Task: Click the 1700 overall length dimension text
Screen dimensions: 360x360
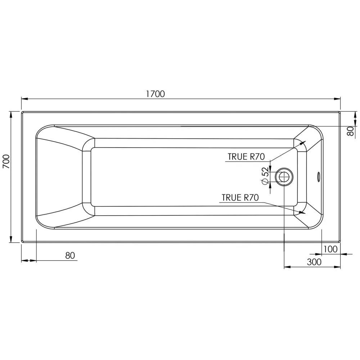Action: [x=155, y=94]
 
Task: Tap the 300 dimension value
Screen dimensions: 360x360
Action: [x=314, y=262]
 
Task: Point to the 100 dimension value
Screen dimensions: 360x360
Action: [x=330, y=249]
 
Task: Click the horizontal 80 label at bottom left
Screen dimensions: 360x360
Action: [x=70, y=256]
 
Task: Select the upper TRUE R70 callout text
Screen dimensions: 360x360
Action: [x=246, y=157]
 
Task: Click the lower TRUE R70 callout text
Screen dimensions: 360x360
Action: [x=240, y=197]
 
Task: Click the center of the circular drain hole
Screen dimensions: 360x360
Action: [x=284, y=177]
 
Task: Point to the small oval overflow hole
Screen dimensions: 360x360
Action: [x=318, y=176]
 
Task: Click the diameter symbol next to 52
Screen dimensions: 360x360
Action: [x=265, y=182]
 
